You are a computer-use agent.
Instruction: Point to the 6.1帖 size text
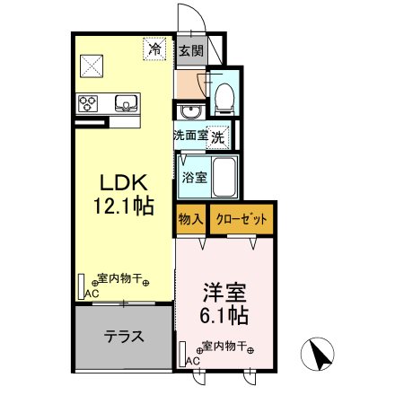point(224,316)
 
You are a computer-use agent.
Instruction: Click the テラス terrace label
point(124,338)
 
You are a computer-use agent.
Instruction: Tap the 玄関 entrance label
point(189,51)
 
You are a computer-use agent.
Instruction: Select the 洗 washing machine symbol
point(220,136)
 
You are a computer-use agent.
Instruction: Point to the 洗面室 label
point(190,136)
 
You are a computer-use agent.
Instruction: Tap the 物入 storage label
point(189,219)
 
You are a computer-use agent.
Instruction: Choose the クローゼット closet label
point(240,219)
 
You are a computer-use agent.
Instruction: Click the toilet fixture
point(224,96)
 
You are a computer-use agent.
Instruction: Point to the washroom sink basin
point(189,112)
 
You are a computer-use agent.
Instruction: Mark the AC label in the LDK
point(91,293)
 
